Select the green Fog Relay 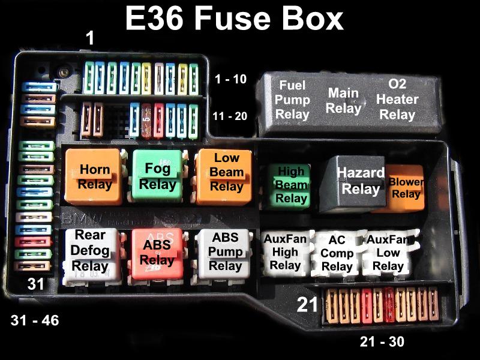[x=157, y=175]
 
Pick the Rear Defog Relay [x=90, y=252]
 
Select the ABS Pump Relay [x=224, y=253]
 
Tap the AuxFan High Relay [x=285, y=253]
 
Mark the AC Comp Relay [x=337, y=253]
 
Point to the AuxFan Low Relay [x=388, y=253]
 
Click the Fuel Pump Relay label [x=292, y=100]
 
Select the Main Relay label [x=343, y=101]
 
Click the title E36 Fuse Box [x=234, y=19]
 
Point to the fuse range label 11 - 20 [x=229, y=116]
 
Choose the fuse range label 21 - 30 [x=382, y=343]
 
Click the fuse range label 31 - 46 [x=35, y=321]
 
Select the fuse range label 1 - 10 [x=230, y=79]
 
